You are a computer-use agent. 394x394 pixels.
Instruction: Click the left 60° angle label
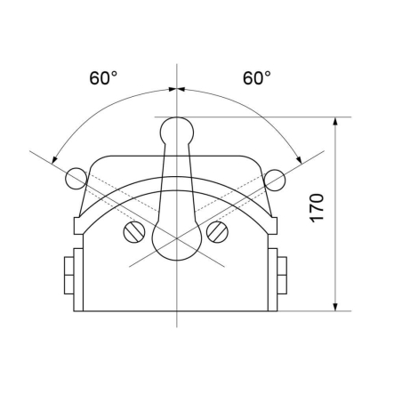(x=102, y=78)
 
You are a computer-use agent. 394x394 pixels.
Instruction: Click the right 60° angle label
(x=256, y=78)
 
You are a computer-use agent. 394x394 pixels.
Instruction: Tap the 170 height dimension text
(x=318, y=205)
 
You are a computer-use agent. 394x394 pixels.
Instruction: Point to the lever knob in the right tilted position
(x=275, y=178)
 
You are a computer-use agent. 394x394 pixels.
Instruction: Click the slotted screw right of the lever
(x=217, y=232)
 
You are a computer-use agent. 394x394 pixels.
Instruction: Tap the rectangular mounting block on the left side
(x=68, y=276)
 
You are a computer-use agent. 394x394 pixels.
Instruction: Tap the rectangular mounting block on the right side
(x=284, y=276)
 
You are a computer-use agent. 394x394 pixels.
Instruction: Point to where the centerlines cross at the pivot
(x=178, y=237)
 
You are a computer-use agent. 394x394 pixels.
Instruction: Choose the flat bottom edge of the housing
(x=178, y=310)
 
